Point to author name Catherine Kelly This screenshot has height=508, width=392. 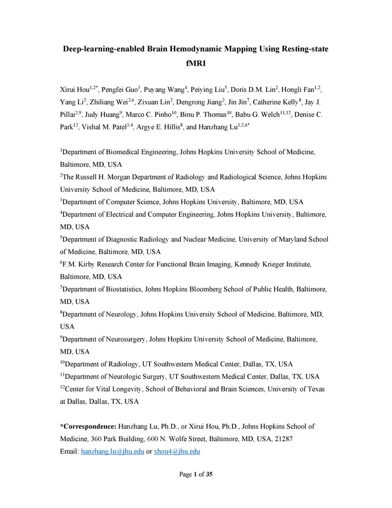276,102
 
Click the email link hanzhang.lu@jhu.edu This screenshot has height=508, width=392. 113,452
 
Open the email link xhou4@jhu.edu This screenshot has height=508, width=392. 177,452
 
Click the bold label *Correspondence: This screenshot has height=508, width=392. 88,426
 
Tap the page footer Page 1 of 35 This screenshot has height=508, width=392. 196,474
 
